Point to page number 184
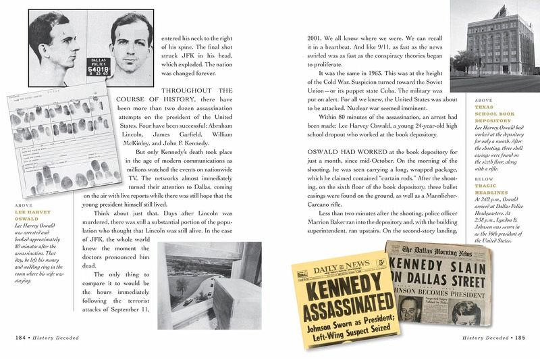22,336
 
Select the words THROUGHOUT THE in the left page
196,91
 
